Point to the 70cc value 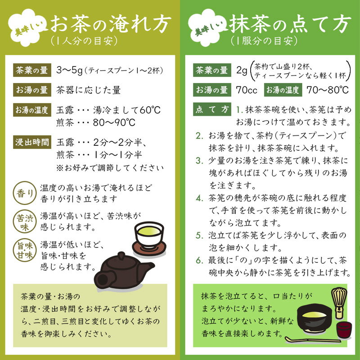click(x=246, y=90)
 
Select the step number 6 click(x=199, y=261)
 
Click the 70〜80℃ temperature click(x=328, y=90)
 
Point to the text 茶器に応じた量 click(x=88, y=90)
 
